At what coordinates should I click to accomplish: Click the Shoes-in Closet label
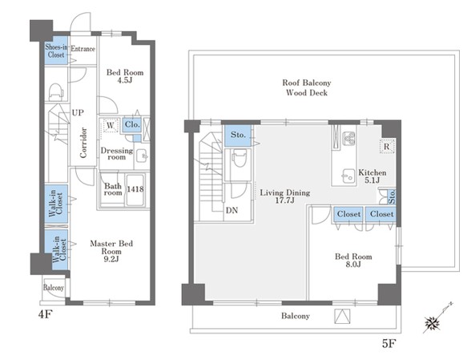click(56, 51)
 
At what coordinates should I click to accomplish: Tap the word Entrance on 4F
click(83, 49)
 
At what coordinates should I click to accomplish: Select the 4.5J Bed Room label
click(125, 76)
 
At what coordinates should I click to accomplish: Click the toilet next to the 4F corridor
click(56, 91)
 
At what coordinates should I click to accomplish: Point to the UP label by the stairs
click(78, 112)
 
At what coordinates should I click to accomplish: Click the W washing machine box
click(111, 126)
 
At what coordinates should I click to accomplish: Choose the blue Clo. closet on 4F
click(132, 124)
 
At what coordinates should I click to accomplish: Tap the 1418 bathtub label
click(135, 189)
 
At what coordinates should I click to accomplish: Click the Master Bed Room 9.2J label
click(111, 251)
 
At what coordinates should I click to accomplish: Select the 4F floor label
click(46, 314)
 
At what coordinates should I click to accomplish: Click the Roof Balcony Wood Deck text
click(307, 87)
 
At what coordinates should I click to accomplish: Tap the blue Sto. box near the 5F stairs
click(238, 136)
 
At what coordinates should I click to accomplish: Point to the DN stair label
click(231, 210)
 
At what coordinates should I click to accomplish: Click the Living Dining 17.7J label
click(285, 196)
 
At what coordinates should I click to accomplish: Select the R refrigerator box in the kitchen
click(387, 146)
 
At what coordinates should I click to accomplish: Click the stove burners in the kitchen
click(348, 139)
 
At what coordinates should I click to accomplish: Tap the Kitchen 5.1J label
click(372, 176)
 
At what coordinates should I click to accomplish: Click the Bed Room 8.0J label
click(353, 260)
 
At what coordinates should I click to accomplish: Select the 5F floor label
click(389, 344)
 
